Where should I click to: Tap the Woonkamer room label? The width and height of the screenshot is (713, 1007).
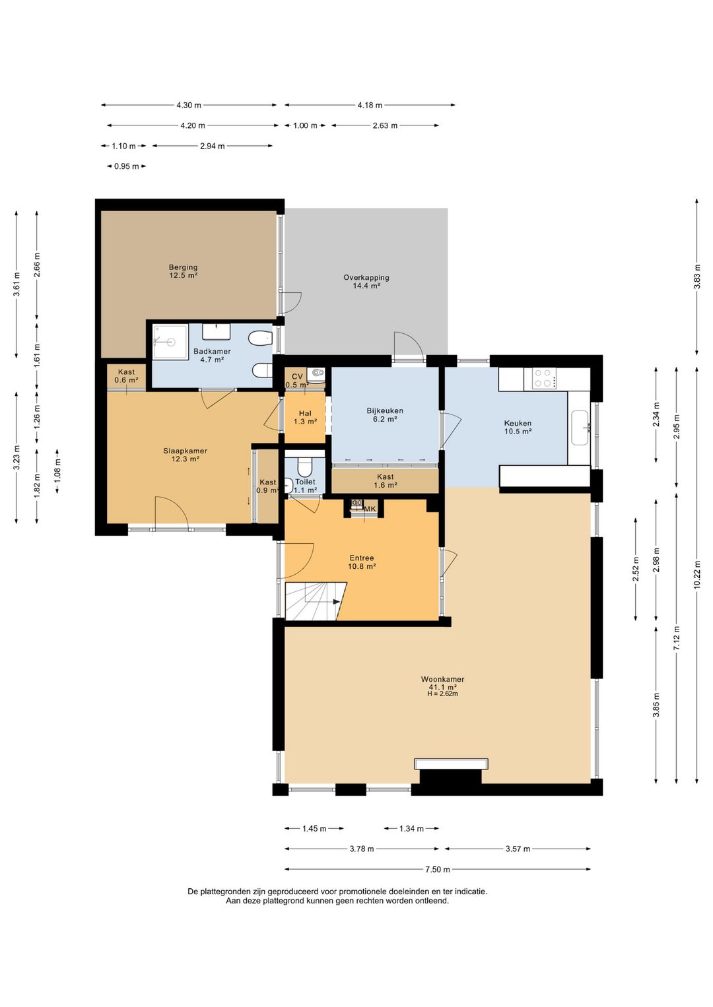coord(442,679)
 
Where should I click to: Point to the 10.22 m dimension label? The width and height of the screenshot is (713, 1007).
coord(697,575)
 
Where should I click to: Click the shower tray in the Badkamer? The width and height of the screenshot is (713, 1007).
coord(170,342)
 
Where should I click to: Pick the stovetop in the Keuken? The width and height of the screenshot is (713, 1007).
coord(544,378)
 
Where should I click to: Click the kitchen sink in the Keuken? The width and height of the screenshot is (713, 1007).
coord(581,428)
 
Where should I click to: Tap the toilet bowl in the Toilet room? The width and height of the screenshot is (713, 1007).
coord(305,467)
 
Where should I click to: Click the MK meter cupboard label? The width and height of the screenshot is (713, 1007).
coord(370,508)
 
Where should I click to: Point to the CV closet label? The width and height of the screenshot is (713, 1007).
coord(297,376)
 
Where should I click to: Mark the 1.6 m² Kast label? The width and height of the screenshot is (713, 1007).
coord(385,480)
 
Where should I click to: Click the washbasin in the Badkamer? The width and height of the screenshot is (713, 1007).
coord(217,332)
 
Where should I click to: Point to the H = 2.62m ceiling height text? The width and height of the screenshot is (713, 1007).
coord(442,694)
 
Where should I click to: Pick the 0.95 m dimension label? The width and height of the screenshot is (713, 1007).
coord(126,166)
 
